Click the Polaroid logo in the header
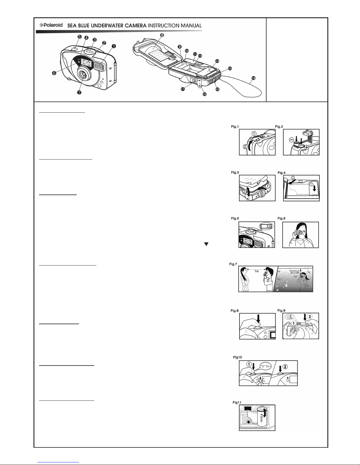[x=51, y=25]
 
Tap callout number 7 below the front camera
[x=79, y=92]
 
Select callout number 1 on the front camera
[x=114, y=46]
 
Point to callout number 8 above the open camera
[x=162, y=35]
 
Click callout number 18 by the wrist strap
[x=253, y=78]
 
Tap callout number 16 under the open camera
[x=205, y=94]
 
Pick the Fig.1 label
[x=235, y=127]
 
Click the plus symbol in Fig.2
[x=307, y=147]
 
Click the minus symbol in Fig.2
[x=292, y=140]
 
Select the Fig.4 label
[x=282, y=173]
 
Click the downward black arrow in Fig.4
[x=314, y=189]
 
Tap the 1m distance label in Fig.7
[x=257, y=271]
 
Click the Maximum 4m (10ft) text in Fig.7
[x=295, y=272]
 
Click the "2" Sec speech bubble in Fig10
[x=265, y=366]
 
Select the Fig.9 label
[x=281, y=310]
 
